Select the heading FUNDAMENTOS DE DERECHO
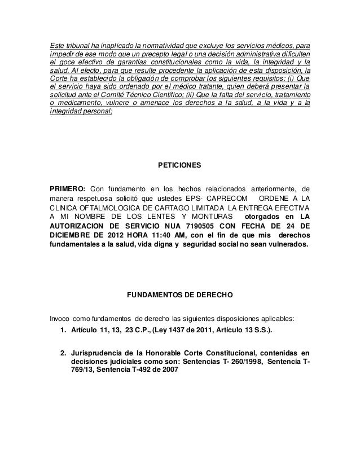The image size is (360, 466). click(179, 294)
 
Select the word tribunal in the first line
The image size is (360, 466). click(80, 45)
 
